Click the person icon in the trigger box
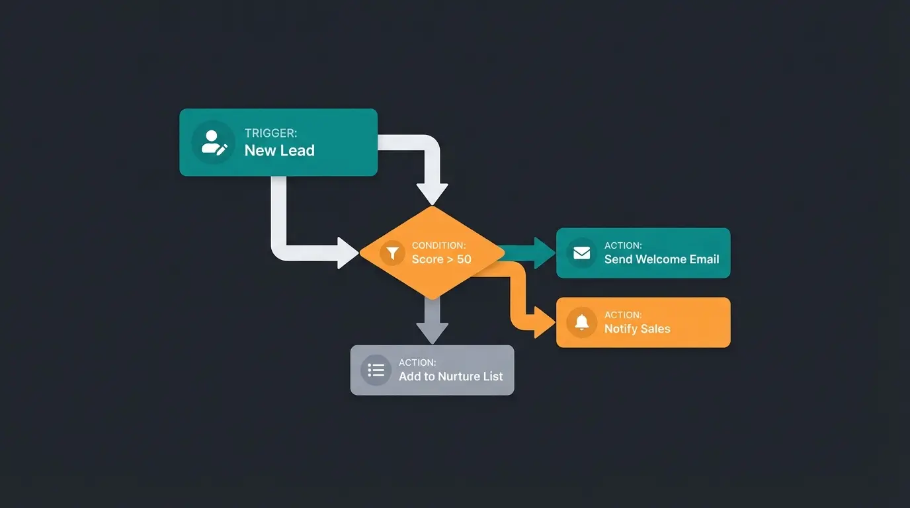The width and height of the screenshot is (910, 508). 213,142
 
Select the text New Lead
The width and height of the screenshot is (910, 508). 279,151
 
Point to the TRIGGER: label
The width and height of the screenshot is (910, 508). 270,133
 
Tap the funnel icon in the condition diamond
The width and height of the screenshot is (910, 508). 392,253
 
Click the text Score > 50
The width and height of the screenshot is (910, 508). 441,259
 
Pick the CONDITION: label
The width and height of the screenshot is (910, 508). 438,245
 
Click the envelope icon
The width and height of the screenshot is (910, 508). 581,253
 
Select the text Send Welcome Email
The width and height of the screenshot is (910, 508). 661,259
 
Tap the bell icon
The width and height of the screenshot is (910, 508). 581,322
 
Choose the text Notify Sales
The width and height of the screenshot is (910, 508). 637,329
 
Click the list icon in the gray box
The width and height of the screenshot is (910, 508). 376,370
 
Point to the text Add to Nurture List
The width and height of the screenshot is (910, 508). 450,376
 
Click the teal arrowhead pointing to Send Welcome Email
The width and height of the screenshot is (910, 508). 545,253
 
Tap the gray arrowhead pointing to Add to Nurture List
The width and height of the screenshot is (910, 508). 432,333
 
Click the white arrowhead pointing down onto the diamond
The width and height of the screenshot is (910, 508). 432,194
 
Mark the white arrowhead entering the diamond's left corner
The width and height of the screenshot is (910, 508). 348,253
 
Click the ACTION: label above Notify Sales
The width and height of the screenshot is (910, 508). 623,315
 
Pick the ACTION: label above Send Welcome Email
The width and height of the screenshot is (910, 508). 623,245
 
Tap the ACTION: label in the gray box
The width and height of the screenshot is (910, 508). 417,362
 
